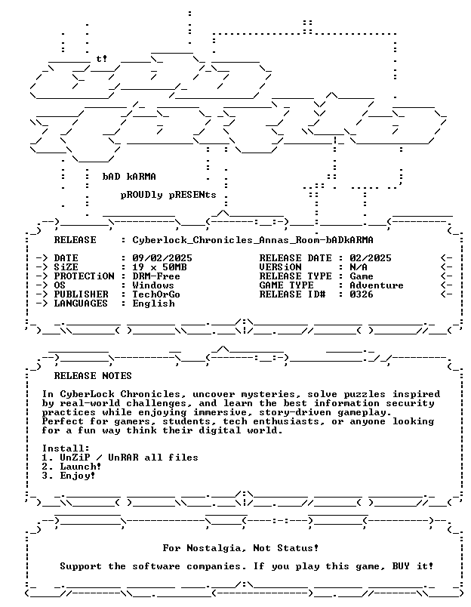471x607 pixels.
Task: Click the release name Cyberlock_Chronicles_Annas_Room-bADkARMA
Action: pyautogui.click(x=253, y=240)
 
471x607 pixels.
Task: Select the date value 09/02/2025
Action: pyautogui.click(x=162, y=258)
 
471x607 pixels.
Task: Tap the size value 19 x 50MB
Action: pyautogui.click(x=159, y=267)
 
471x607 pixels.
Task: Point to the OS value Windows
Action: pyautogui.click(x=153, y=285)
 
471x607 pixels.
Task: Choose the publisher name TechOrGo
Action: pyautogui.click(x=156, y=294)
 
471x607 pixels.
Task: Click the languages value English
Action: pyautogui.click(x=154, y=303)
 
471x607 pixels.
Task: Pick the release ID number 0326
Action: pyautogui.click(x=362, y=294)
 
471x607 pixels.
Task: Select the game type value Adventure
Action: pyautogui.click(x=377, y=285)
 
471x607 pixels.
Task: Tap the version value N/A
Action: pyautogui.click(x=359, y=267)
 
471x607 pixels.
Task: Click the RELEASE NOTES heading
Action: pyautogui.click(x=93, y=376)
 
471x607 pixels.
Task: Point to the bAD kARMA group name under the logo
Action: pyautogui.click(x=129, y=177)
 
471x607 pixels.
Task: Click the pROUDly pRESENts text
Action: pyautogui.click(x=168, y=195)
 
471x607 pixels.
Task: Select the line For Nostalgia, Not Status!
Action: pyautogui.click(x=241, y=548)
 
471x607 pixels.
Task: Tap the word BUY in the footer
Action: pyautogui.click(x=401, y=566)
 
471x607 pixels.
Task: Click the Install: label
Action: pyautogui.click(x=66, y=448)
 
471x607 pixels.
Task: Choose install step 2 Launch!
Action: pyautogui.click(x=72, y=467)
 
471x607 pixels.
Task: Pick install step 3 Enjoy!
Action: pyautogui.click(x=69, y=476)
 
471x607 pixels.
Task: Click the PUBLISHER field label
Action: pyautogui.click(x=82, y=294)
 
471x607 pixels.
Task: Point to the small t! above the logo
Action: pyautogui.click(x=102, y=59)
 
